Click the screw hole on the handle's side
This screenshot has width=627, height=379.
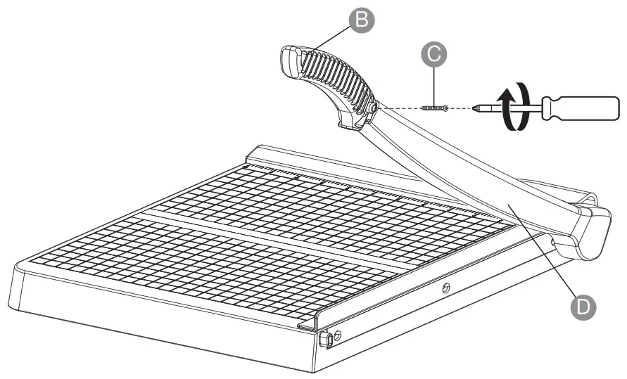(x=373, y=108)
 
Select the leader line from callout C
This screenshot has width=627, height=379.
(x=436, y=85)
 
